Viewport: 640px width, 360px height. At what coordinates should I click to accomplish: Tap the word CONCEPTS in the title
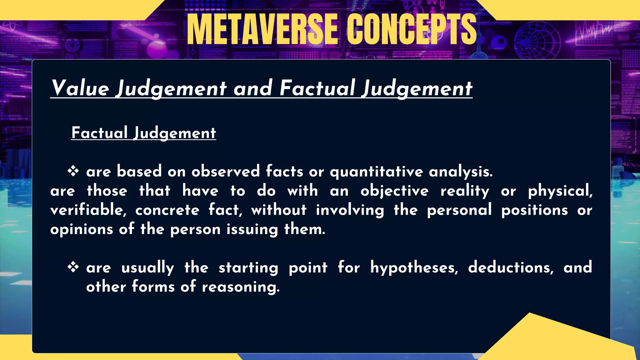coord(412,30)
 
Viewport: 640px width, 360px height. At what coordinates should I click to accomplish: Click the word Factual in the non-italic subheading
coord(99,133)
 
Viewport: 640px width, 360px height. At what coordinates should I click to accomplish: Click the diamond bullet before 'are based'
coord(73,171)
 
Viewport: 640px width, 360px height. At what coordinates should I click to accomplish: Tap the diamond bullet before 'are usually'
coord(73,267)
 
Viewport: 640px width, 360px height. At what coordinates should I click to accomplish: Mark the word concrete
coord(167,210)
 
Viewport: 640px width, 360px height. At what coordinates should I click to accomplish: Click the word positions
coord(535,210)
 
